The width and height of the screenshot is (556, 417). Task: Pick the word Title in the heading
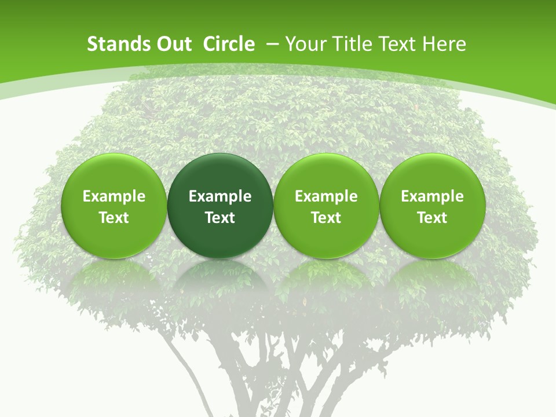point(352,44)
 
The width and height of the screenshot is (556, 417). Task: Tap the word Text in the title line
point(398,44)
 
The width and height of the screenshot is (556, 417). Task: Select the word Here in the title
point(445,44)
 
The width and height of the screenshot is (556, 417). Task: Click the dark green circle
point(220,206)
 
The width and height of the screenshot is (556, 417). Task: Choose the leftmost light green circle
point(114,206)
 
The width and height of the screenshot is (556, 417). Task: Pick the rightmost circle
point(433,206)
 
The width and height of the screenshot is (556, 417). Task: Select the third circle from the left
point(326,206)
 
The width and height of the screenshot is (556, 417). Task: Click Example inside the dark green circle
point(220,196)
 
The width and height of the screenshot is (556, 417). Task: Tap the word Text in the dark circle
point(220,218)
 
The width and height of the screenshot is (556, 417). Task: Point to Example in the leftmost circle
point(114,196)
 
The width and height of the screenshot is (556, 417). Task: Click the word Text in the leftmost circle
point(114,218)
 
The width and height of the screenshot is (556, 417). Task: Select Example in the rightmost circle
point(433,196)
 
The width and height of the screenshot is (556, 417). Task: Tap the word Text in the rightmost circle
point(433,218)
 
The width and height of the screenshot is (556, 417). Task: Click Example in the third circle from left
point(326,196)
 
